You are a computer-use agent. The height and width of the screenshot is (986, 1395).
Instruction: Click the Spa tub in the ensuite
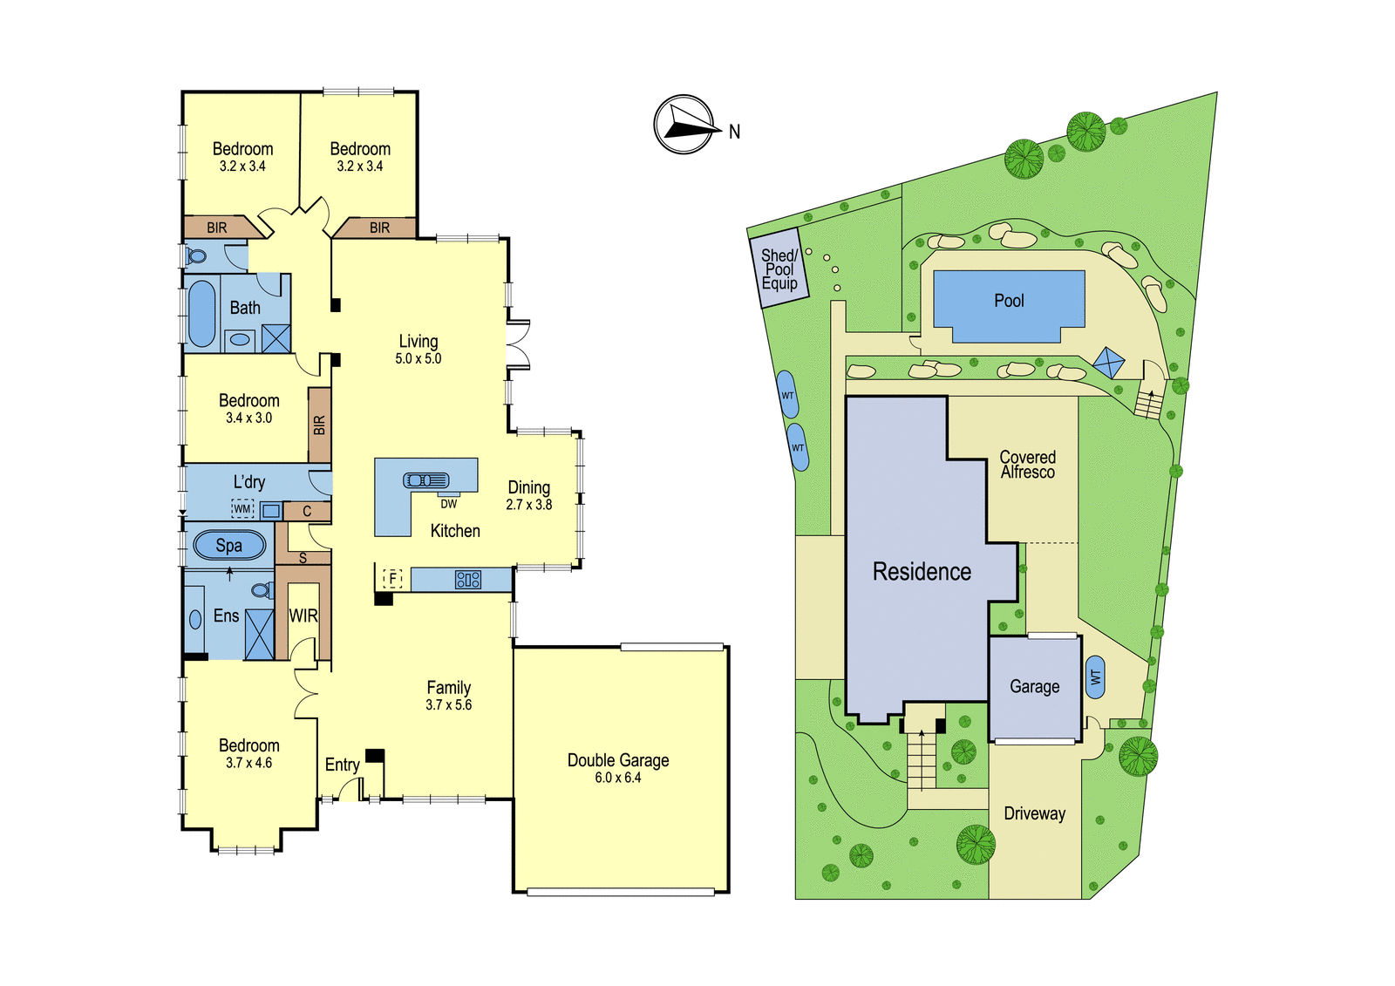[x=229, y=546]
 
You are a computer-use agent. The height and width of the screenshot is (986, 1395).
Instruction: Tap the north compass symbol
[x=684, y=125]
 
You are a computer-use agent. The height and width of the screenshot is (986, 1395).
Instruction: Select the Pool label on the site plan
[x=1009, y=301]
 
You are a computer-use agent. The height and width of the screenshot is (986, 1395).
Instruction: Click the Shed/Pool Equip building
[x=779, y=268]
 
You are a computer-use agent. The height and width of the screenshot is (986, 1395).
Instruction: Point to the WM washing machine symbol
[x=242, y=509]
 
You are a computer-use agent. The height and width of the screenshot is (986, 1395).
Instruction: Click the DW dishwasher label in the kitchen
[x=448, y=504]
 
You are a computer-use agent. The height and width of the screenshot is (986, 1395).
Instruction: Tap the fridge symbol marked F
[x=392, y=579]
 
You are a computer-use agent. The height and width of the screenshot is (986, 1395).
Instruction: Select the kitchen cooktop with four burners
[x=467, y=580]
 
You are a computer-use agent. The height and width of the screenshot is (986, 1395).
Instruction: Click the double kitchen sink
[x=426, y=480]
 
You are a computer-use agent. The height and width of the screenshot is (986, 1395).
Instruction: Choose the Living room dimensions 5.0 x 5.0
[x=418, y=359]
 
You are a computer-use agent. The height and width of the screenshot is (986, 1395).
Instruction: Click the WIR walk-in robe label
[x=303, y=616]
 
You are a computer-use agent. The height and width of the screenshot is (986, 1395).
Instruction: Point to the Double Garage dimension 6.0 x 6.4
[x=618, y=778]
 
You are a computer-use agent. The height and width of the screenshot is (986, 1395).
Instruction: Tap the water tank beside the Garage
[x=1095, y=677]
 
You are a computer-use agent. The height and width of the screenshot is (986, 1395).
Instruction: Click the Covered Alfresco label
[x=1028, y=465]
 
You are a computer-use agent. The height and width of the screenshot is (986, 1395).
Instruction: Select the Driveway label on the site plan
[x=1034, y=813]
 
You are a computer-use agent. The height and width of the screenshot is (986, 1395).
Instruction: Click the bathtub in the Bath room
[x=201, y=313]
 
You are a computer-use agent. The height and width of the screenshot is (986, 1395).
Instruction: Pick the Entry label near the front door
[x=342, y=765]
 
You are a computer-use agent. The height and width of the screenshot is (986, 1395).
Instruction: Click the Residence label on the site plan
[x=922, y=572]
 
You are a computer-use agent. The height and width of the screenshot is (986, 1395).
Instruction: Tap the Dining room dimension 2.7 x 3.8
[x=528, y=505]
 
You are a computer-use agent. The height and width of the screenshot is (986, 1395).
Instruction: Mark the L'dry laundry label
[x=249, y=482]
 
